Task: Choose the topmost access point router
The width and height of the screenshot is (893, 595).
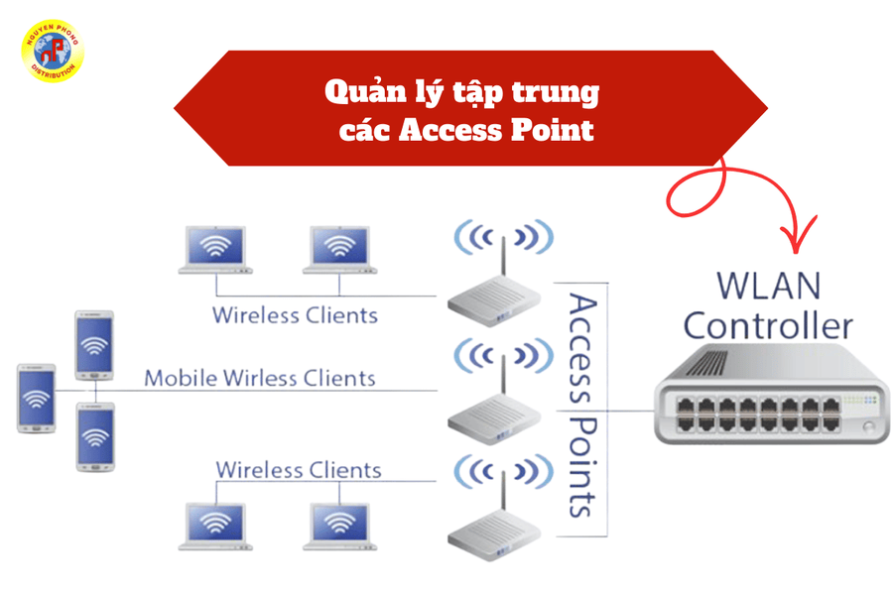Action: (496, 297)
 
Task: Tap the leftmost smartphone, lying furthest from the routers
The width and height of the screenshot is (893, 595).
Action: (36, 398)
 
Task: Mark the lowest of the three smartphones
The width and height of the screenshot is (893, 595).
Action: (95, 436)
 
